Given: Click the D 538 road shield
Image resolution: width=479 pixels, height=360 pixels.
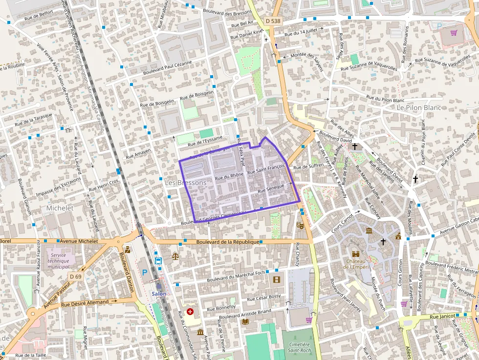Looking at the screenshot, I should (274, 21).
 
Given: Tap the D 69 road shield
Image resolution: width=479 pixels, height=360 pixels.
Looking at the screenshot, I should (75, 276).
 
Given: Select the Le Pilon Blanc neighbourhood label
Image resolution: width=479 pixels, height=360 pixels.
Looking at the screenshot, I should (419, 107).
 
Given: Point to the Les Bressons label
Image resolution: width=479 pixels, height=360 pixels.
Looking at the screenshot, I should (186, 182).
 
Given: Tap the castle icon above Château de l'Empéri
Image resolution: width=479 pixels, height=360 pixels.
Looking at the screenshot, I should (356, 254).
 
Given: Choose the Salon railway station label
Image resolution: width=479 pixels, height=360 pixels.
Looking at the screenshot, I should (159, 294).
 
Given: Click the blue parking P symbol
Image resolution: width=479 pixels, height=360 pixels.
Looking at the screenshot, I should (145, 272).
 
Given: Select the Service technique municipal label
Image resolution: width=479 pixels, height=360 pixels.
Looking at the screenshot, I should (61, 261).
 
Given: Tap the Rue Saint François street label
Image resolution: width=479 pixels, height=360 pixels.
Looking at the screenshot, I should (266, 169).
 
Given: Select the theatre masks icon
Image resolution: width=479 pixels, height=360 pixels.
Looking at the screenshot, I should (300, 225).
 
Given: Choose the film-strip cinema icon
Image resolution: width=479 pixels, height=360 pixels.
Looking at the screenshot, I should (277, 279).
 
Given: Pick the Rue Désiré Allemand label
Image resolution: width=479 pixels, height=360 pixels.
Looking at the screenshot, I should (85, 303).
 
